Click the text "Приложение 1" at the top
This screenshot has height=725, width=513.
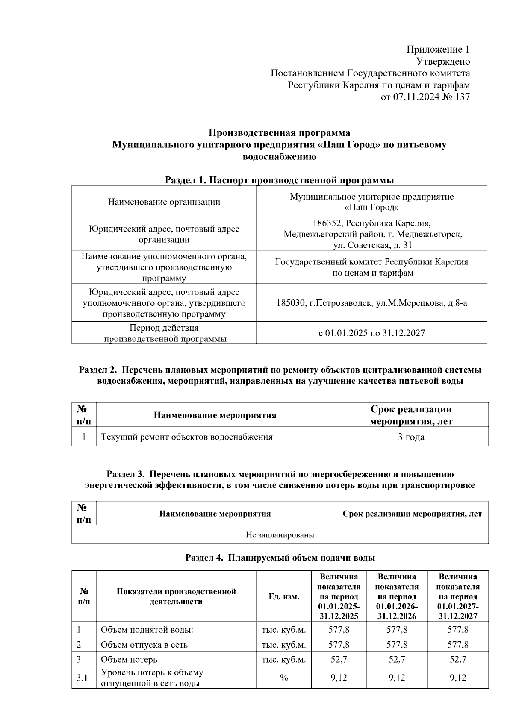438,50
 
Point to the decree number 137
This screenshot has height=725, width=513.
463,97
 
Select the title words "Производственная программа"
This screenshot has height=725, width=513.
279,133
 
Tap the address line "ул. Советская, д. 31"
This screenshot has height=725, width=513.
372,245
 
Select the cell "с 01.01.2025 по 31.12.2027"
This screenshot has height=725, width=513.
371,333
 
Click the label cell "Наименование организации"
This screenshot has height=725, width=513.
164,202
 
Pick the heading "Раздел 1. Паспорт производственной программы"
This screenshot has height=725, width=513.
279,180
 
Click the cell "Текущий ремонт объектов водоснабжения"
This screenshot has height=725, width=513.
186,437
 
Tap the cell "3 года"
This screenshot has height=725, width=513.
411,437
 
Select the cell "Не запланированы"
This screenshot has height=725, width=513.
280,535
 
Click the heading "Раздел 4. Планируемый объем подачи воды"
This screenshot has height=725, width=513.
280,558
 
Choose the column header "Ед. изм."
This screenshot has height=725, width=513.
284,596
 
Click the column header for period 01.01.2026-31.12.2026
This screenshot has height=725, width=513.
397,596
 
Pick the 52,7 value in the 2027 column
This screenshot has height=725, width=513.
457,659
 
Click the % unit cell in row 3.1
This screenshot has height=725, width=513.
284,678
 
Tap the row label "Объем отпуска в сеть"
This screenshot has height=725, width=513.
144,645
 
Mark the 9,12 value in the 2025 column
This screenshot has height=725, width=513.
339,678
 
